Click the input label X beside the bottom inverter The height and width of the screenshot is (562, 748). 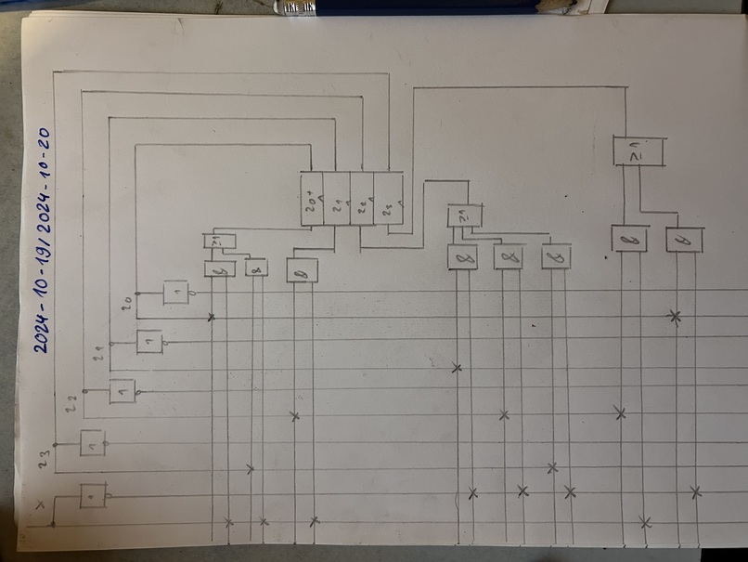pos(38,505)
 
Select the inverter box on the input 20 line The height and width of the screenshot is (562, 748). pos(175,294)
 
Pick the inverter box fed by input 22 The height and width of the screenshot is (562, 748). pos(122,391)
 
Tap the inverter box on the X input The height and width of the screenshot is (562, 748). pos(92,495)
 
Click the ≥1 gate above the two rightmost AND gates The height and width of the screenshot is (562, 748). pos(639,151)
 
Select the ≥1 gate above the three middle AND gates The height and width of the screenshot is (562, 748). pos(465,216)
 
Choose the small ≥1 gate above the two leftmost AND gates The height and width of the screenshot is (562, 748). pos(220,242)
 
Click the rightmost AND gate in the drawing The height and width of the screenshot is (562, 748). pos(684,240)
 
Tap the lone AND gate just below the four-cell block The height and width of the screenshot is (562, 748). pos(303,270)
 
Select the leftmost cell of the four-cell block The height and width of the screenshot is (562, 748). pos(312,199)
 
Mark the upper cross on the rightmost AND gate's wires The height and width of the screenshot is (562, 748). pos(675,317)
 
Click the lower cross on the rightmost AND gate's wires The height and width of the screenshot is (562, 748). pos(696,490)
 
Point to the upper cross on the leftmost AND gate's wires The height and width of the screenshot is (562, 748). pos(212,318)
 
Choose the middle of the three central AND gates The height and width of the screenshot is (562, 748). pos(508,256)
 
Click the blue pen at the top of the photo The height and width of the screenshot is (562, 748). pos(427,7)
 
